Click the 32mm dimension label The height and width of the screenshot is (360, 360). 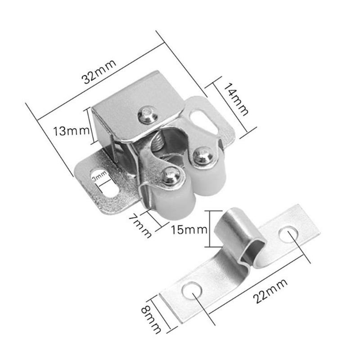click(x=99, y=72)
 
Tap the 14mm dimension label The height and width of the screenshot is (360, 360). click(x=237, y=102)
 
